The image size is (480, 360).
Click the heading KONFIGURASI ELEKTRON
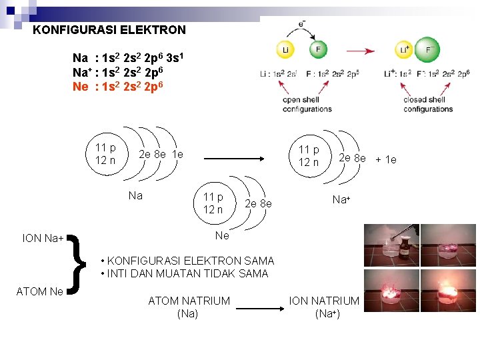109,30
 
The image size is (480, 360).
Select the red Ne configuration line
124,86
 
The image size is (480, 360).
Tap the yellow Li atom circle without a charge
284,51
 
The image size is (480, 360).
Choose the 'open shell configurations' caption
307,105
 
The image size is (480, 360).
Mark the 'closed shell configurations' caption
428,105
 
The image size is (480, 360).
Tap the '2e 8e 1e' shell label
160,155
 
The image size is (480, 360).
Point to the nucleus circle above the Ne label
213,203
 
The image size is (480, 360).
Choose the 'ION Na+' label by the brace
43,238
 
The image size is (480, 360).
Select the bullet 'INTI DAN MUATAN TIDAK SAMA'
183,273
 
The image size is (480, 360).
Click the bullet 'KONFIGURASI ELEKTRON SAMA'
187,261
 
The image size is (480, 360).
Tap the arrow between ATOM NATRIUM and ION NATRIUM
259,308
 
